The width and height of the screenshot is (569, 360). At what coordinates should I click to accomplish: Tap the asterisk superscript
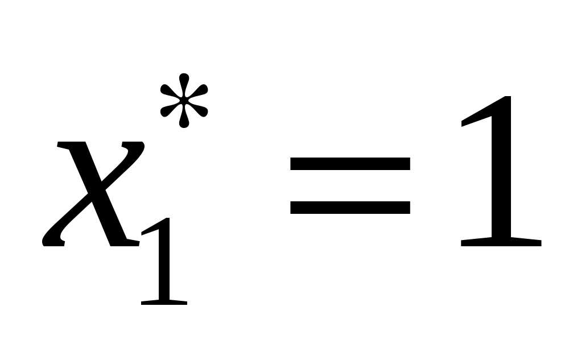click(x=184, y=101)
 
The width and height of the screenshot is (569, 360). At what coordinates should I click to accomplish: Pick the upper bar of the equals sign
click(x=350, y=164)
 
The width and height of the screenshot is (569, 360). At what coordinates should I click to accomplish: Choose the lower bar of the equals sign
click(x=350, y=206)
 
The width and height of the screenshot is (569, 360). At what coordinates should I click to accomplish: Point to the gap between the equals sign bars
click(x=350, y=185)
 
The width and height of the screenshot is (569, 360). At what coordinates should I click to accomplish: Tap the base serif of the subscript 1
click(x=164, y=301)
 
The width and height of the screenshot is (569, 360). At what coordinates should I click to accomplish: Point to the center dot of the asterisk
click(x=184, y=101)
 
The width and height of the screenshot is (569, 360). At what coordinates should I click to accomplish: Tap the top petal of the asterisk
click(x=184, y=83)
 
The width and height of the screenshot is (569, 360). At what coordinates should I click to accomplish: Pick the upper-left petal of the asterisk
click(x=167, y=90)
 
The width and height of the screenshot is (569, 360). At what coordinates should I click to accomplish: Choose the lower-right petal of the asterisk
click(x=200, y=111)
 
